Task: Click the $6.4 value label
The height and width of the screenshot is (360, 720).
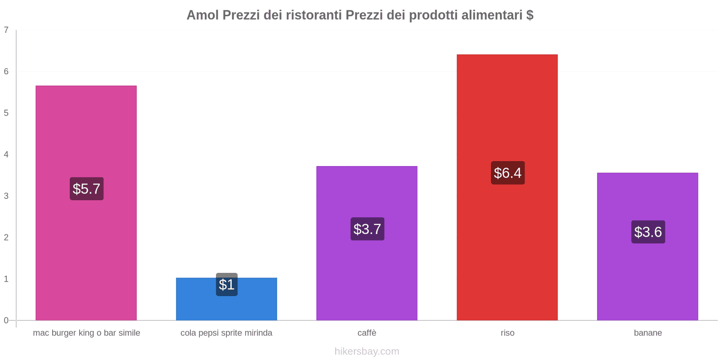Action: coord(508,173)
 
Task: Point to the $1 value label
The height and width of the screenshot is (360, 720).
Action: coord(226,284)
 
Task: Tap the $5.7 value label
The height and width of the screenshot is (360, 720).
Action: coord(86,189)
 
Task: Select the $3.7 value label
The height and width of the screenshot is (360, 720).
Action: coord(367,229)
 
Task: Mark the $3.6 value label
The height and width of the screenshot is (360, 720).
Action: coord(648,232)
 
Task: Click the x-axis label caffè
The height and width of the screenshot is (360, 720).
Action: coord(367,333)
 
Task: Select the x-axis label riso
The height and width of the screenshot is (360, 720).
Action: coord(507,333)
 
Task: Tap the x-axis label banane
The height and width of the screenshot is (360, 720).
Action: coord(648,333)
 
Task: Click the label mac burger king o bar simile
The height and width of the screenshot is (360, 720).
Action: coord(86,333)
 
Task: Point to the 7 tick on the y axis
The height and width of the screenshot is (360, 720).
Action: coord(6,30)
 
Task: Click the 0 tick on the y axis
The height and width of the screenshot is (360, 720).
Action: coord(6,320)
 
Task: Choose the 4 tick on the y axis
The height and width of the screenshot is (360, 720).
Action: coord(6,154)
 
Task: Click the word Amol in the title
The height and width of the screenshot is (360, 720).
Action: coord(202,15)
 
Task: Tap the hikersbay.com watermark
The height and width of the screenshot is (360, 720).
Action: coord(367,351)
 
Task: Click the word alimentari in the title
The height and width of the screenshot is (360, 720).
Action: coord(492,15)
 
